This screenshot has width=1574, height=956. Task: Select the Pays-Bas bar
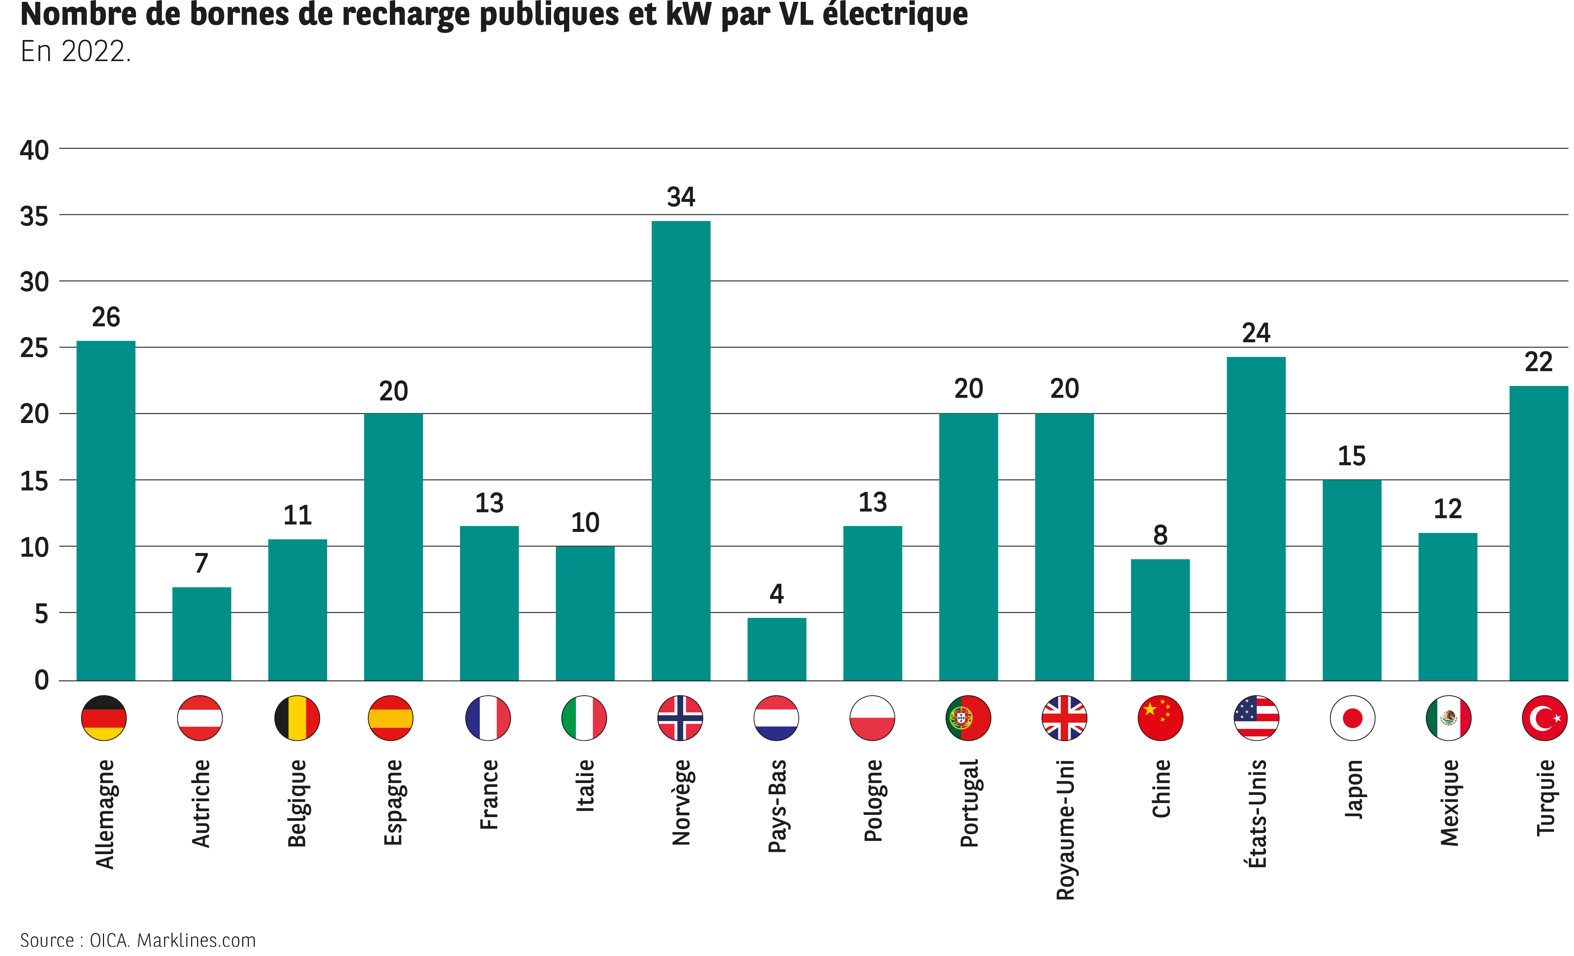click(x=776, y=649)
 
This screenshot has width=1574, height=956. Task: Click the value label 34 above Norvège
click(x=681, y=197)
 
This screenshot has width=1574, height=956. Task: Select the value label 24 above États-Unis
click(x=1256, y=333)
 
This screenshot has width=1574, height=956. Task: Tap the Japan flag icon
click(x=1352, y=717)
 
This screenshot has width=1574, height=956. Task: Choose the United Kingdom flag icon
click(x=1064, y=717)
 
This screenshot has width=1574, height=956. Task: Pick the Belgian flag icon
click(x=297, y=717)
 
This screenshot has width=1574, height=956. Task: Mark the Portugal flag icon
click(x=968, y=717)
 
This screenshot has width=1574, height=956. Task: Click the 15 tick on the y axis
click(x=34, y=481)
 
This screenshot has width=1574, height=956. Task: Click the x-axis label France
click(x=489, y=795)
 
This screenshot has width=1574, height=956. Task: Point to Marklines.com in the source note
click(x=196, y=940)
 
